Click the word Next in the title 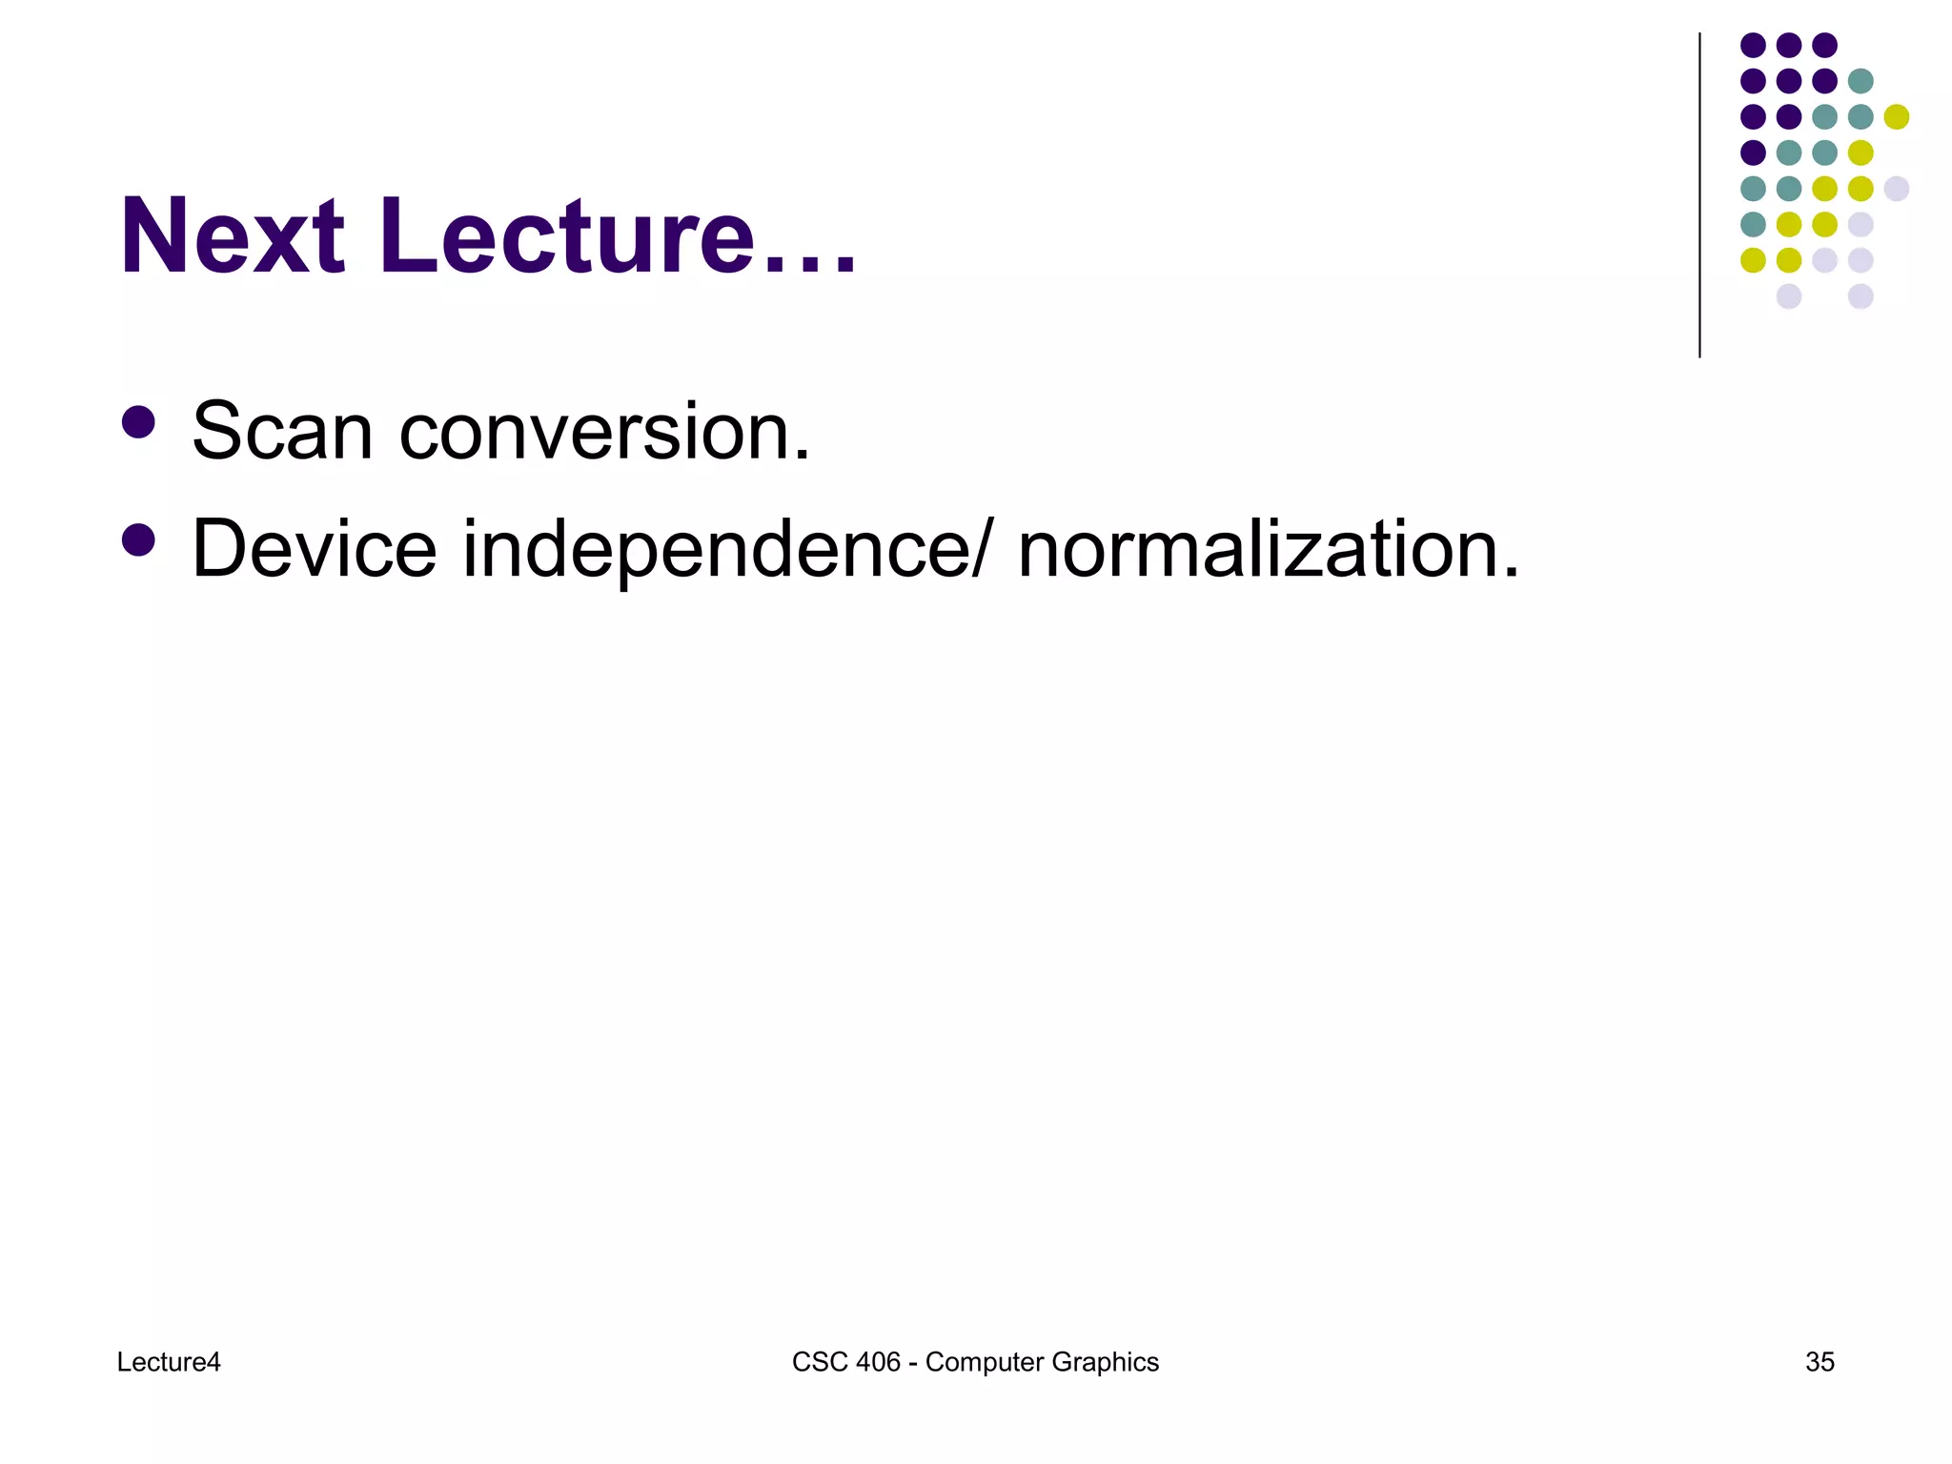(x=232, y=236)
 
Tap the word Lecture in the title (x=566, y=236)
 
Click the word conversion (x=604, y=431)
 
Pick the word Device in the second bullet (x=315, y=549)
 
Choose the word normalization (x=1268, y=549)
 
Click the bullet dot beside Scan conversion (x=139, y=422)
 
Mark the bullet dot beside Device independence (x=139, y=540)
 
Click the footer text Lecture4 (x=169, y=1362)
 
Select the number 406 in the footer (x=878, y=1362)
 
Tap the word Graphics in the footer (x=1117, y=1362)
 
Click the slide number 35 (x=1820, y=1362)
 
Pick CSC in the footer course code (x=819, y=1362)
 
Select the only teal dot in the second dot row (x=1860, y=81)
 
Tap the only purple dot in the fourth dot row (x=1753, y=152)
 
